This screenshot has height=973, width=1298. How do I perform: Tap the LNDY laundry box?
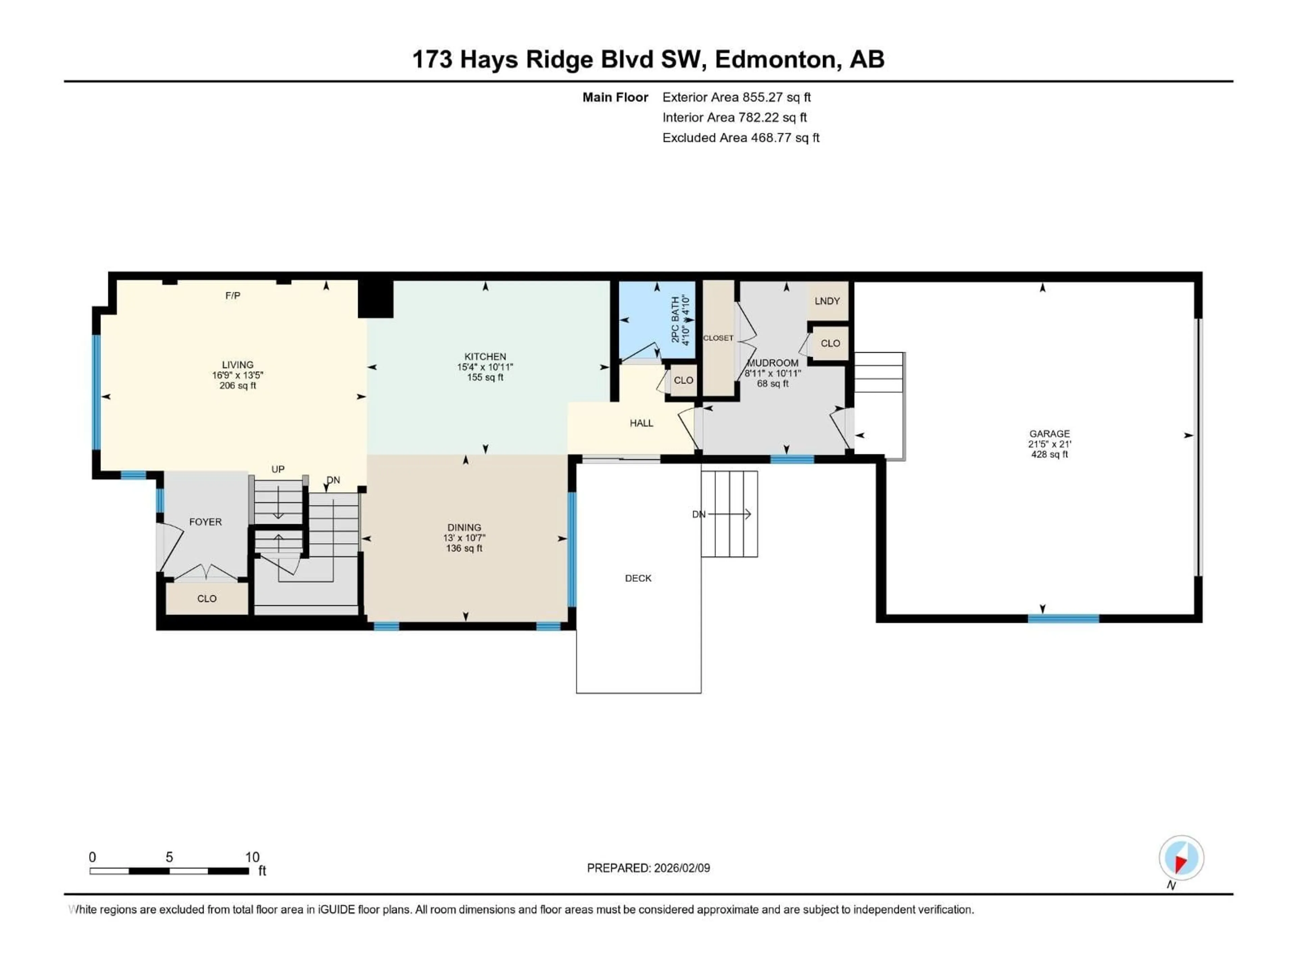827,301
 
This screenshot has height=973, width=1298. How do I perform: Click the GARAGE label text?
1049,434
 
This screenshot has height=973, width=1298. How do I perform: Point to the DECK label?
638,578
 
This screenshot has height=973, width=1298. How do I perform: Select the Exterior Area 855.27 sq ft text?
737,97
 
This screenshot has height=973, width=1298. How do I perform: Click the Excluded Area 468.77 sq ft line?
741,138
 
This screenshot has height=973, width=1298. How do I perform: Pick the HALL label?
641,423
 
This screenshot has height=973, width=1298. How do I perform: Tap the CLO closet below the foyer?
207,599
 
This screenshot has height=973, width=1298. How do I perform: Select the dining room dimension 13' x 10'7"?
464,538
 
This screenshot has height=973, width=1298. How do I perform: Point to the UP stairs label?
278,469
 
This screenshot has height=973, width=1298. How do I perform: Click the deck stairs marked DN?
729,514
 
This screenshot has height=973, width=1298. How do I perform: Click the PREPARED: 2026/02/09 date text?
648,868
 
